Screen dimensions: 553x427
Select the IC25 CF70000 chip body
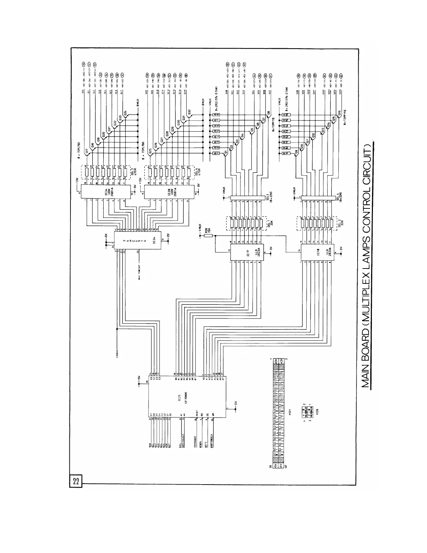(187, 397)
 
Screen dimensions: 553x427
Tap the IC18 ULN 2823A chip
(317, 250)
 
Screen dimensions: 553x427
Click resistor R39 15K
(208, 236)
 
